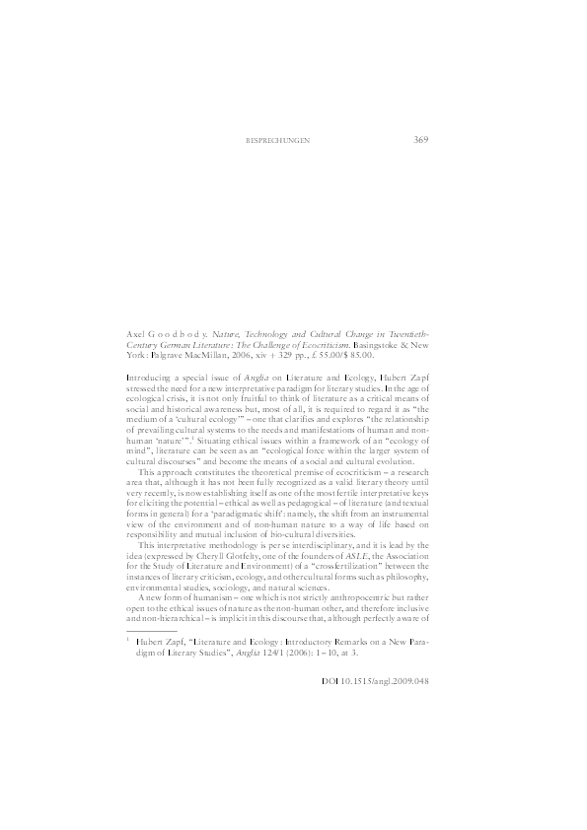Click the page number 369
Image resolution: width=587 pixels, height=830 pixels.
coord(419,140)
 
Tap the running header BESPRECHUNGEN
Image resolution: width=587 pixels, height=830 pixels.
coord(277,141)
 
